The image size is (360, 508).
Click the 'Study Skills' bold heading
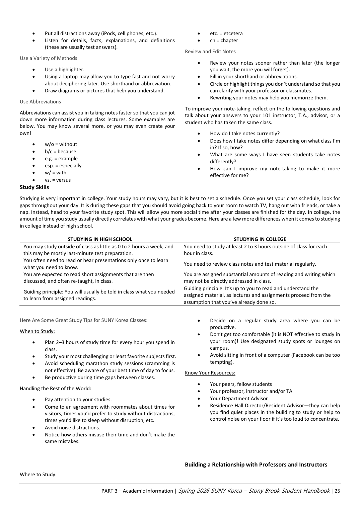click(x=34, y=187)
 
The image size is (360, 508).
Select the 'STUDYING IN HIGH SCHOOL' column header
click(x=100, y=239)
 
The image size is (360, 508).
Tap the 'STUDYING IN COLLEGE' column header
click(x=260, y=239)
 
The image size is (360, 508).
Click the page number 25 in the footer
click(x=337, y=491)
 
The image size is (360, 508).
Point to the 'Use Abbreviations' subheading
click(x=40, y=102)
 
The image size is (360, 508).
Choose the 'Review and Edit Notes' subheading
click(x=210, y=52)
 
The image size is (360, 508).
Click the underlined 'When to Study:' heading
click(x=37, y=331)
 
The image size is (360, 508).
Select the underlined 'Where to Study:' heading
click(x=38, y=475)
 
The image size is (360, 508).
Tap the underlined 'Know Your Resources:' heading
click(x=210, y=373)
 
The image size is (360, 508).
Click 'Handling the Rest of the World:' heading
click(x=55, y=389)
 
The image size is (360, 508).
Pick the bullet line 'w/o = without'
click(x=61, y=144)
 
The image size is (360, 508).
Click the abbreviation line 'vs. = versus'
click(x=58, y=180)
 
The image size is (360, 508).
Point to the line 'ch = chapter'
click(x=224, y=40)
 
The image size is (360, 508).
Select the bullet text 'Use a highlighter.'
click(x=64, y=70)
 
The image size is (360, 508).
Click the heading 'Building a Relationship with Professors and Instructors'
click(x=256, y=464)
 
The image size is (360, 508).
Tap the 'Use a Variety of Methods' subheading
click(x=48, y=58)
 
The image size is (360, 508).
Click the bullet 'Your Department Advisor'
click(x=238, y=399)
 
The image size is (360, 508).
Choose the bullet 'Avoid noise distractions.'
click(x=72, y=428)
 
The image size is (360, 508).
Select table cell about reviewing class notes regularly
click(x=249, y=264)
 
